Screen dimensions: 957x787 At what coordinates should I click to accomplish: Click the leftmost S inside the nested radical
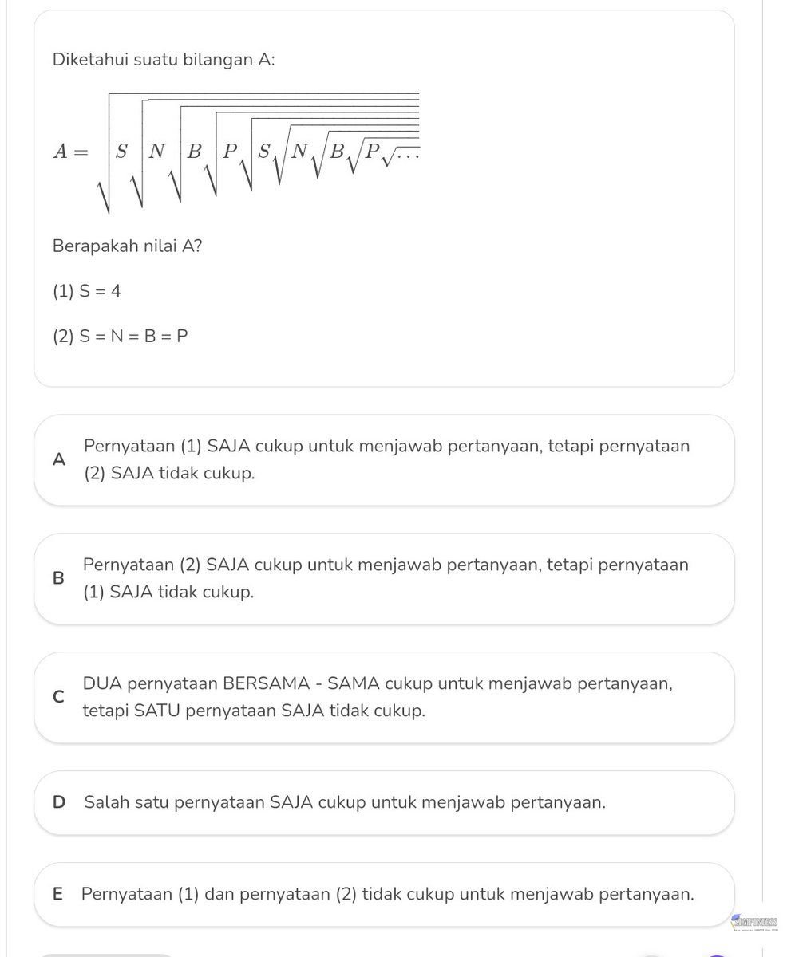coord(121,152)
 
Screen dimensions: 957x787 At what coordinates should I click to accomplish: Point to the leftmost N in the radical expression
coord(157,152)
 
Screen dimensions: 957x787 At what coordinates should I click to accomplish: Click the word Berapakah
coord(90,246)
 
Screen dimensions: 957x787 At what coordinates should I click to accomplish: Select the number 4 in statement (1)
coord(116,292)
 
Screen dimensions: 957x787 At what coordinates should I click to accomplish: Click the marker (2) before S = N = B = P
coord(63,337)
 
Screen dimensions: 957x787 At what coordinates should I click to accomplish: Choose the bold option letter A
coord(57,460)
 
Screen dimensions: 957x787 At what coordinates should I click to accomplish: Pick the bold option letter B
coord(57,579)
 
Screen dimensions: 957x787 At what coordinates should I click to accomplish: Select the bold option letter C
coord(57,697)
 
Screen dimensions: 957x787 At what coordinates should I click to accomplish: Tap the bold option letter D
coord(58,802)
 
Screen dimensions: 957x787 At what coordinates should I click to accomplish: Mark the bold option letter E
coord(57,895)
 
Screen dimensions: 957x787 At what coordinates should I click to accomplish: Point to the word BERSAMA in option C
coord(258,684)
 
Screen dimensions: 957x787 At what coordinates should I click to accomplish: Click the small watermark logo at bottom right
coord(755,924)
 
